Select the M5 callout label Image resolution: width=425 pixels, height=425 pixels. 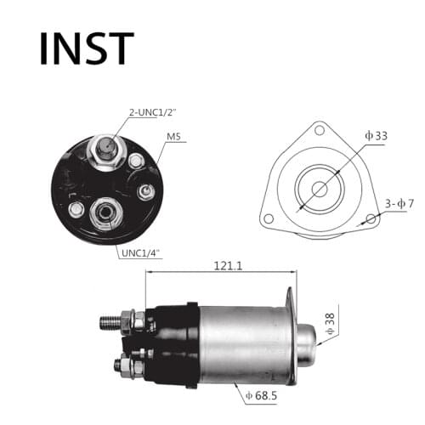[175, 137]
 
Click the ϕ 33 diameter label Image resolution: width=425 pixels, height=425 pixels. [376, 135]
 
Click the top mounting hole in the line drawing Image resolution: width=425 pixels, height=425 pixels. [320, 130]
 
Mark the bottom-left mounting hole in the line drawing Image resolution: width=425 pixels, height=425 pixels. [269, 218]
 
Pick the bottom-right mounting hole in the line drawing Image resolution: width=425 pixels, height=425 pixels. [371, 219]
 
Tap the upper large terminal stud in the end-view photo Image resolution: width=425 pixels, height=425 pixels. [107, 150]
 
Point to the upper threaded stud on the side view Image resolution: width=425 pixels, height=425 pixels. [112, 323]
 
